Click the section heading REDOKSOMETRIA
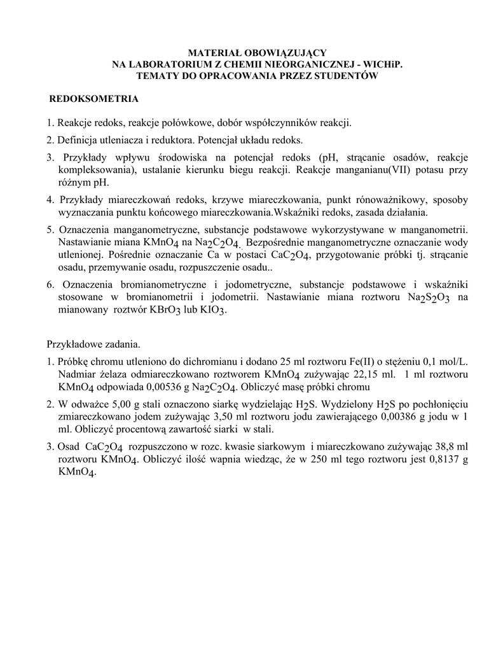pyautogui.click(x=94, y=100)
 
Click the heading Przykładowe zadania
pyautogui.click(x=93, y=344)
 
